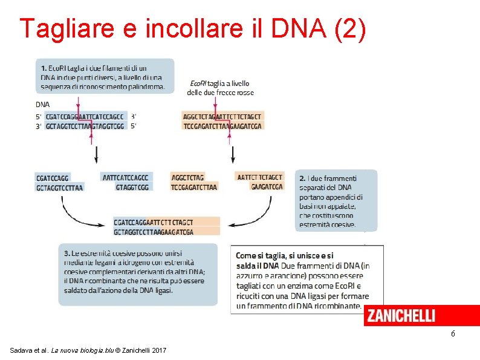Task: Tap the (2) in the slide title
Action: tap(349, 28)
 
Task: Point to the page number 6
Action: tap(453, 334)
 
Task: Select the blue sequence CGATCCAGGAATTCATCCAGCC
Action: tap(85, 116)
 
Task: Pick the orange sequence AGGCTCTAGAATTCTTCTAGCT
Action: tap(222, 116)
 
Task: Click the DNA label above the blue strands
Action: tap(42, 104)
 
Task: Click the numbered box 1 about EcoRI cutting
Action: tap(105, 76)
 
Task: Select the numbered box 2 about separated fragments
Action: tap(336, 200)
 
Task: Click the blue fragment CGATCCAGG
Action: tap(52, 178)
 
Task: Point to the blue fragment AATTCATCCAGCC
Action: tap(126, 177)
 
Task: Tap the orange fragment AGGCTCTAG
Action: tap(188, 177)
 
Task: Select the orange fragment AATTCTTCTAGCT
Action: tap(260, 177)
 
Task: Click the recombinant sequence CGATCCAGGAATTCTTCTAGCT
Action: tap(154, 222)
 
